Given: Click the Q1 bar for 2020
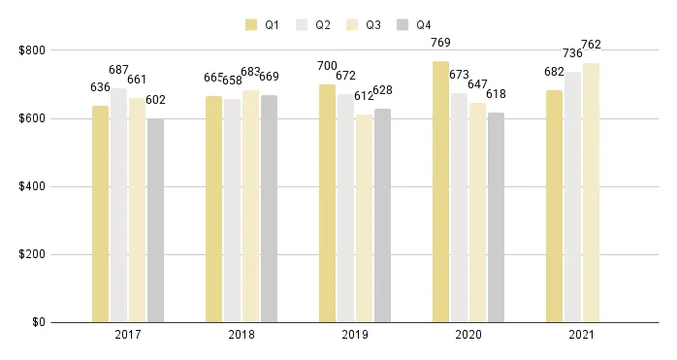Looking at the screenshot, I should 441,192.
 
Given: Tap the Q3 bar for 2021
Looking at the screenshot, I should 591,193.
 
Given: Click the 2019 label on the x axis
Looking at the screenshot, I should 355,335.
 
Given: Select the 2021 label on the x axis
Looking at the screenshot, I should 582,335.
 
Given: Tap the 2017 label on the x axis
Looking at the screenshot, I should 128,335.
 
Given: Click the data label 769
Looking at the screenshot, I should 440,43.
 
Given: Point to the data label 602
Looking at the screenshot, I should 155,99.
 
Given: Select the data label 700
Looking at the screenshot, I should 327,66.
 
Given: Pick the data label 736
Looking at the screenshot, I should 572,53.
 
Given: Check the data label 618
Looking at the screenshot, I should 496,94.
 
